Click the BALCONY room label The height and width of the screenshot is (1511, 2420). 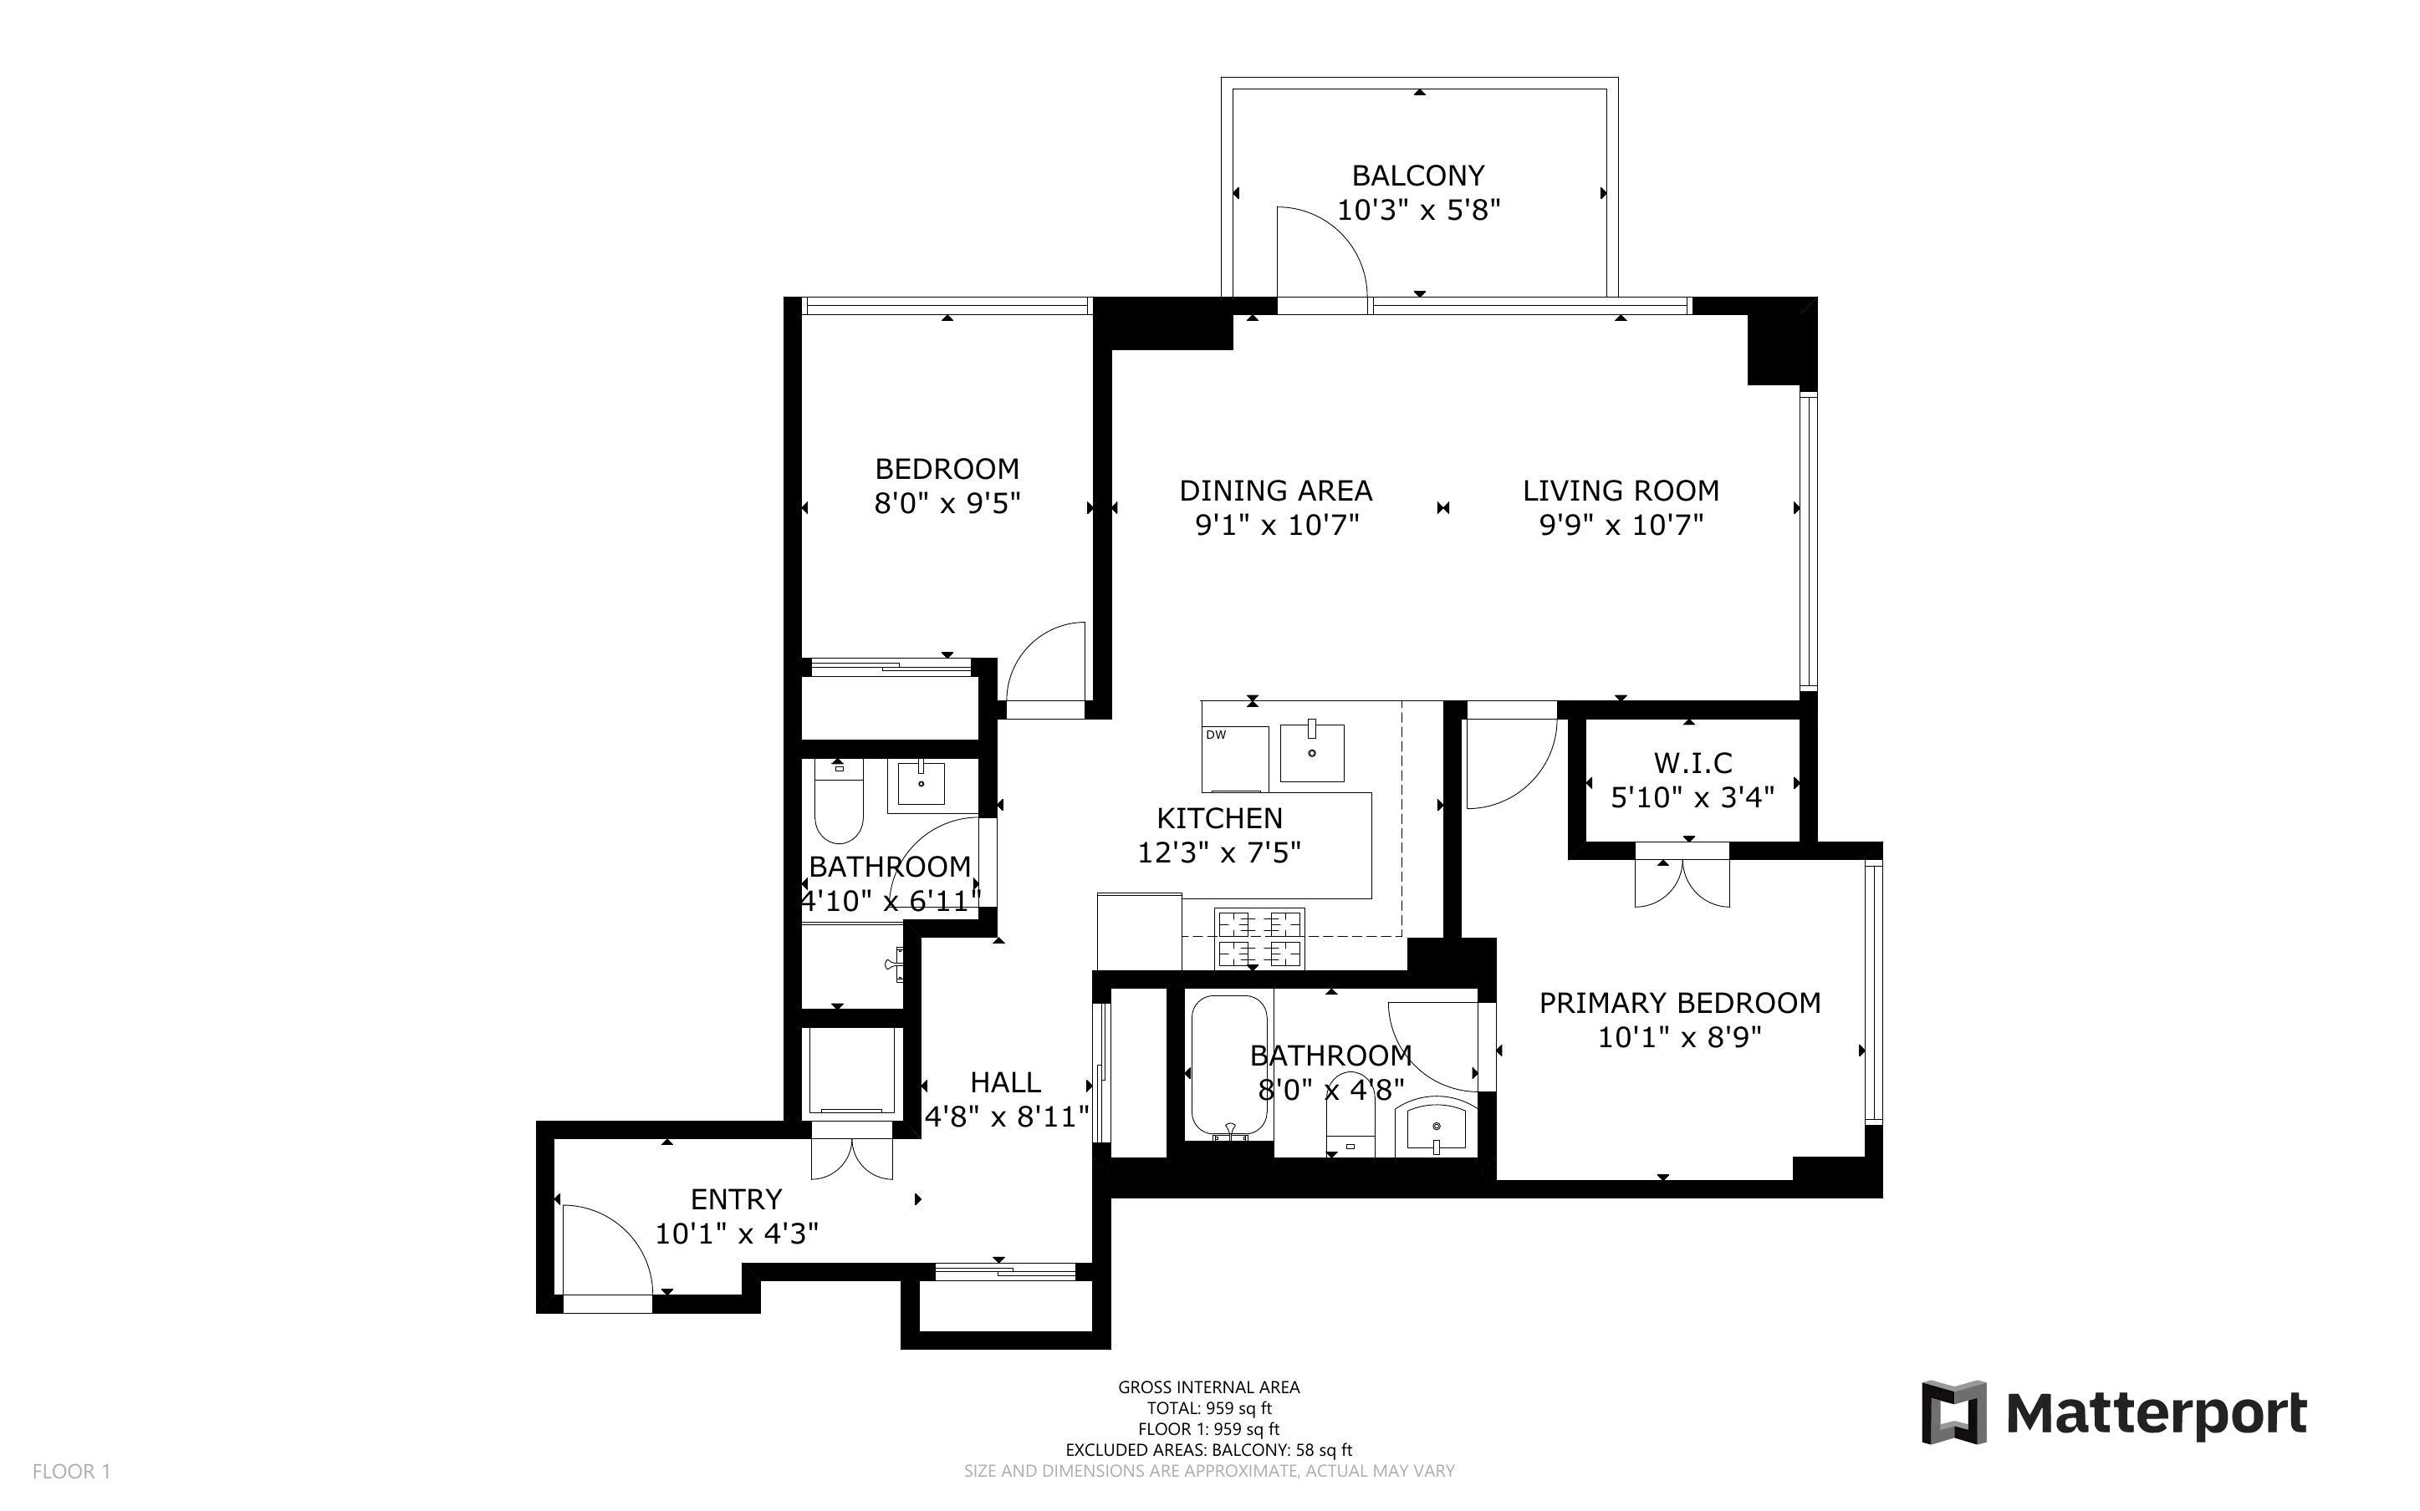click(1417, 176)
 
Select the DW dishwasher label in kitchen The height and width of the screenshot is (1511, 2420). click(1216, 735)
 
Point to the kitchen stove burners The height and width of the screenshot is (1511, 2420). click(1259, 938)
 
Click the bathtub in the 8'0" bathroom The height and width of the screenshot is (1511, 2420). click(1228, 1066)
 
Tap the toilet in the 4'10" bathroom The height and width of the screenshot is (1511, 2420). click(839, 806)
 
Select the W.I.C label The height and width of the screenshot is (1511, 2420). click(1692, 764)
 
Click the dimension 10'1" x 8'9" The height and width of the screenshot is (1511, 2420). click(1679, 1037)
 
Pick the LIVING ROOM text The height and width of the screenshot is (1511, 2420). click(1621, 491)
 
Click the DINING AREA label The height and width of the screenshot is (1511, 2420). click(1275, 491)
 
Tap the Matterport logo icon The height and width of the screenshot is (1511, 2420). click(1954, 1412)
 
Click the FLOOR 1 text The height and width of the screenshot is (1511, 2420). click(71, 1471)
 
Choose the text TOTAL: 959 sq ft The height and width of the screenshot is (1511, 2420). click(1208, 1408)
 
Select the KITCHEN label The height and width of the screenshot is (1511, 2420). click(1218, 818)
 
